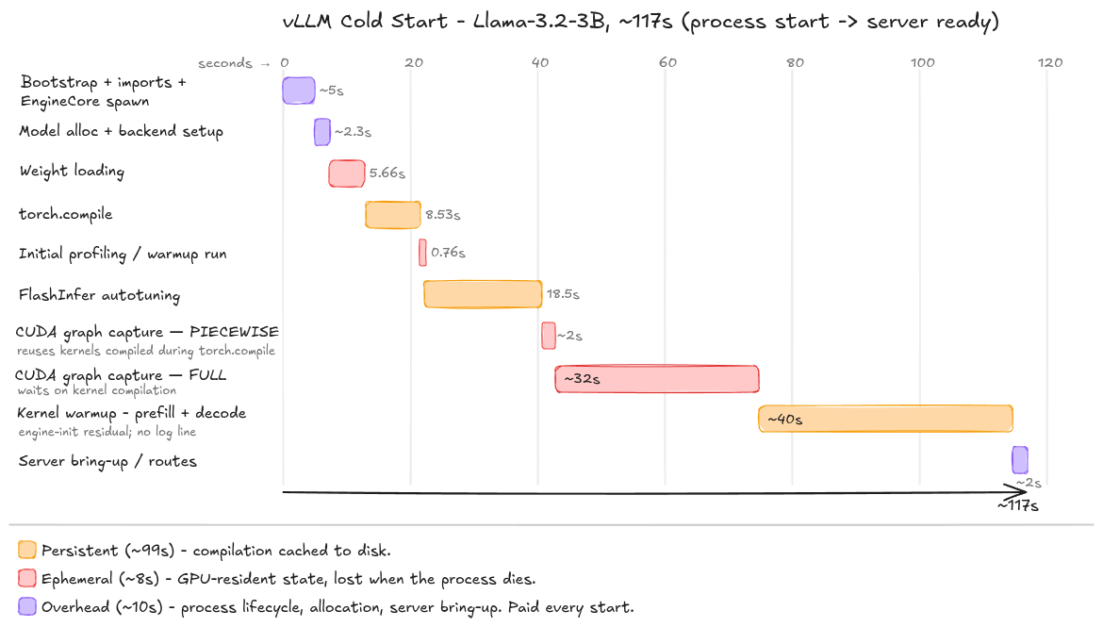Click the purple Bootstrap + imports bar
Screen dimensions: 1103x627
(x=298, y=91)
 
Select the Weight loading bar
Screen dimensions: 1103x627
(x=347, y=173)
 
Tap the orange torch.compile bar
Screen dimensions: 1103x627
(x=392, y=215)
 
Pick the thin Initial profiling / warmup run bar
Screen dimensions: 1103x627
(x=422, y=253)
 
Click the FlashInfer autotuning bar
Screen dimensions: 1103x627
(x=483, y=294)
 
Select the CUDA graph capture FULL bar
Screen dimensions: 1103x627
(x=657, y=379)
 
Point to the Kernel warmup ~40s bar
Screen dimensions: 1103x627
(x=885, y=419)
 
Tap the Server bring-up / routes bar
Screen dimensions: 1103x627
(x=1020, y=460)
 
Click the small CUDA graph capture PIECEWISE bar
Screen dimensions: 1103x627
(x=549, y=336)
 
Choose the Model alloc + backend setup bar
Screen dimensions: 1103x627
(x=322, y=132)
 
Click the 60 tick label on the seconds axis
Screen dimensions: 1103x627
(x=667, y=62)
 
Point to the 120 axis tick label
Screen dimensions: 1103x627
(x=1050, y=62)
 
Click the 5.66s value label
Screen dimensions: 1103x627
(x=387, y=173)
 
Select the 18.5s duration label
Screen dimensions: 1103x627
(x=563, y=294)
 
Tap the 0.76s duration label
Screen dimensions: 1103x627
(x=448, y=253)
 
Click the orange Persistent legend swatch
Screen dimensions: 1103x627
(x=27, y=550)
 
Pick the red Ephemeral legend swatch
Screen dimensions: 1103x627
(x=27, y=579)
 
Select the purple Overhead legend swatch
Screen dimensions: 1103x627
(x=27, y=606)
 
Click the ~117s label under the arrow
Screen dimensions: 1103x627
(x=1018, y=505)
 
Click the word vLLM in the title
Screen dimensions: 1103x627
(x=306, y=21)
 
